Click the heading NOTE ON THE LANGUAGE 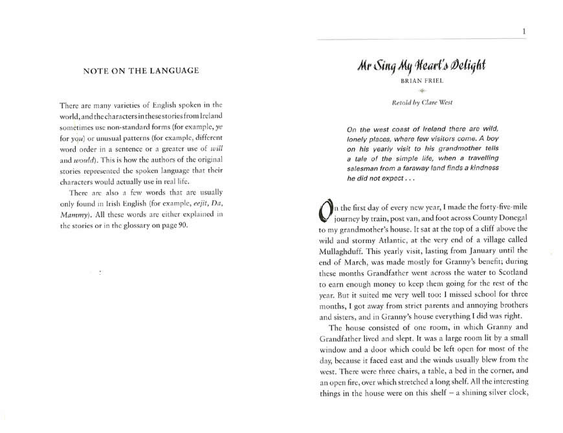pos(140,71)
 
